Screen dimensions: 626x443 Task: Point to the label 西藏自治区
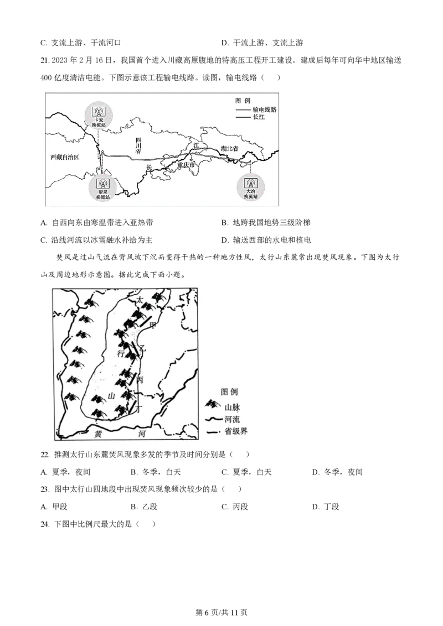65,157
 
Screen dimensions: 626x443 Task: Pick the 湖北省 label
229,149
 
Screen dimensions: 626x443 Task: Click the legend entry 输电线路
264,109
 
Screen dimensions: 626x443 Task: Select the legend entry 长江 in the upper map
259,117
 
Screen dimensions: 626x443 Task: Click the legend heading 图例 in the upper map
243,101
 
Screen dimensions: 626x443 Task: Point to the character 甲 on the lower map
153,326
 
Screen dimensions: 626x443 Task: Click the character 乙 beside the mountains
142,348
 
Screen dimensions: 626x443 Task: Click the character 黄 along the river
98,434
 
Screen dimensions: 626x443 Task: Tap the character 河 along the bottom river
142,435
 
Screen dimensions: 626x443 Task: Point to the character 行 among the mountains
121,353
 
